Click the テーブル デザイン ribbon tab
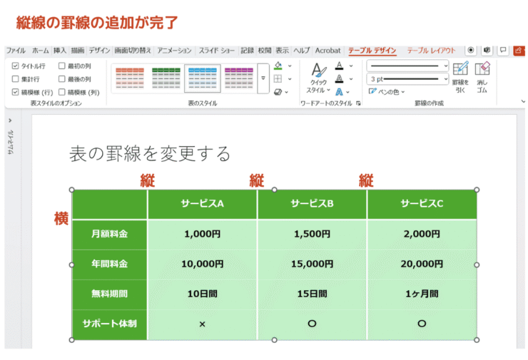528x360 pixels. pos(372,51)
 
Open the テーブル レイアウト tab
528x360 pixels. pos(431,51)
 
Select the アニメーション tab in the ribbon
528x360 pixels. pos(175,51)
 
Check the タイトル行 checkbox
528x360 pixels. pos(16,66)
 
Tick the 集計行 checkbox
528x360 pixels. pos(16,78)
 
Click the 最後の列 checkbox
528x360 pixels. pos(62,78)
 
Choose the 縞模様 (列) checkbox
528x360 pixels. pos(62,92)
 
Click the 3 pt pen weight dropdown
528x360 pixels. pos(407,78)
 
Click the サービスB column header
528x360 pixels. pos(312,204)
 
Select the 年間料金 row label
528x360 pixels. pos(109,264)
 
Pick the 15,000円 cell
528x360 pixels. pos(312,264)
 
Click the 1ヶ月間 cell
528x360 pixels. pos(421,294)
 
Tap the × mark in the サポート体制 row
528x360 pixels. pos(202,324)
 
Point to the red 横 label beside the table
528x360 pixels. pos(61,218)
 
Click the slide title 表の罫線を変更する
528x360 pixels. pos(150,153)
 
